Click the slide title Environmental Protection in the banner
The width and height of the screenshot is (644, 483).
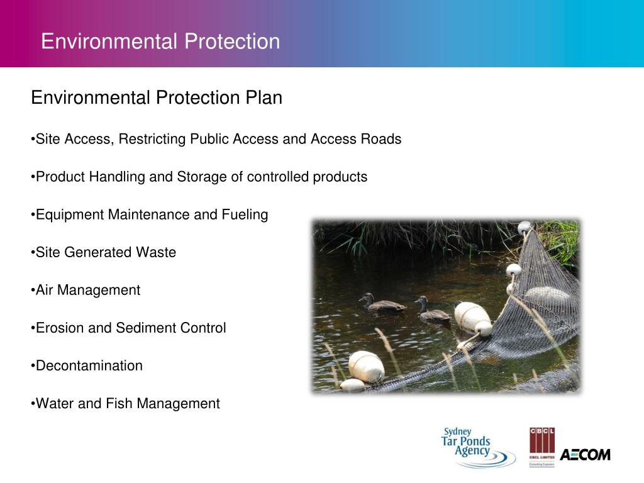click(160, 42)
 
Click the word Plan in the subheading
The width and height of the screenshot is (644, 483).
click(264, 98)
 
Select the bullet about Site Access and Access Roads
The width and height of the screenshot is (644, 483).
click(218, 139)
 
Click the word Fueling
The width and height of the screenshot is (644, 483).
click(245, 214)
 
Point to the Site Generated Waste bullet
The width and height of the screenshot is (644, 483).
click(105, 252)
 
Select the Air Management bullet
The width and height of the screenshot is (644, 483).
click(87, 290)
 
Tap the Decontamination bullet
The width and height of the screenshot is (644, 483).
click(89, 365)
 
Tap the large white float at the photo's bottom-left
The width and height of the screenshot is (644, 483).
click(366, 366)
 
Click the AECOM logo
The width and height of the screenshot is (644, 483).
click(585, 454)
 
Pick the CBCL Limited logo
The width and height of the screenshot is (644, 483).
click(541, 447)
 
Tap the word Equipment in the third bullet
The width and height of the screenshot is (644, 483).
click(70, 214)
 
